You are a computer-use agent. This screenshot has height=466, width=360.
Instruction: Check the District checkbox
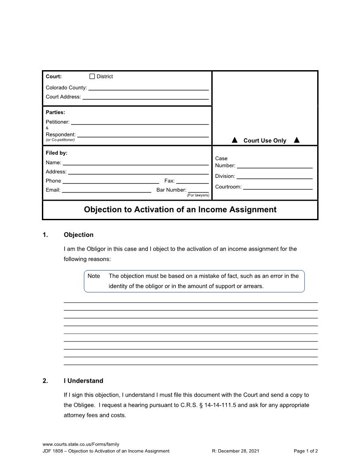tap(92, 76)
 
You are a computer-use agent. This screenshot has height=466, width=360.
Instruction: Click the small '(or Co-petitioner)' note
tap(60, 140)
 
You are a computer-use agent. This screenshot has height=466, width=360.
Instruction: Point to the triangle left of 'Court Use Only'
tap(235, 140)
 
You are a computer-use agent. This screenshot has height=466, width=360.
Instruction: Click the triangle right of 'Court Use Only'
tap(296, 140)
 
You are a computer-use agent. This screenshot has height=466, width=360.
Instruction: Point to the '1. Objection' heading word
tap(79, 235)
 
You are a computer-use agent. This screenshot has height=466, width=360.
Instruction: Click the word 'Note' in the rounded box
tap(94, 276)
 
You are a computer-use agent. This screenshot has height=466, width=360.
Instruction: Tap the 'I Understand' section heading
tap(83, 381)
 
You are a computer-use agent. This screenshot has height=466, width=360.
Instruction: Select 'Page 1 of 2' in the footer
tap(306, 451)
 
